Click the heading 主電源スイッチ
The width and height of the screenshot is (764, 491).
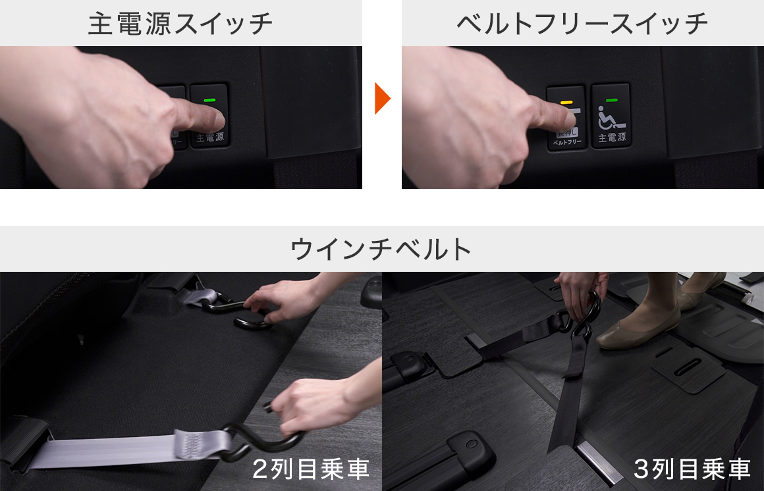180,23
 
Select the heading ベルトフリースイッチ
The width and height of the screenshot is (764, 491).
582,23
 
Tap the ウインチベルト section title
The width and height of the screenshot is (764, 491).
381,249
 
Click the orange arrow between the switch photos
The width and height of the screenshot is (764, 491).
382,99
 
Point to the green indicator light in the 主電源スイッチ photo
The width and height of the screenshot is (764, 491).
210,101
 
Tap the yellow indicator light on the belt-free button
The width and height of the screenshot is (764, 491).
565,103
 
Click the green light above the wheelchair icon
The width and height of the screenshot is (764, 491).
611,101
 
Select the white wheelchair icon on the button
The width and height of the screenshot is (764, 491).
610,119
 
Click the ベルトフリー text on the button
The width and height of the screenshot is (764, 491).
566,142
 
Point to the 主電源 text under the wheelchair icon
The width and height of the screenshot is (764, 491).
611,139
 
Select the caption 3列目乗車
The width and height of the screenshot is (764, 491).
692,469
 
